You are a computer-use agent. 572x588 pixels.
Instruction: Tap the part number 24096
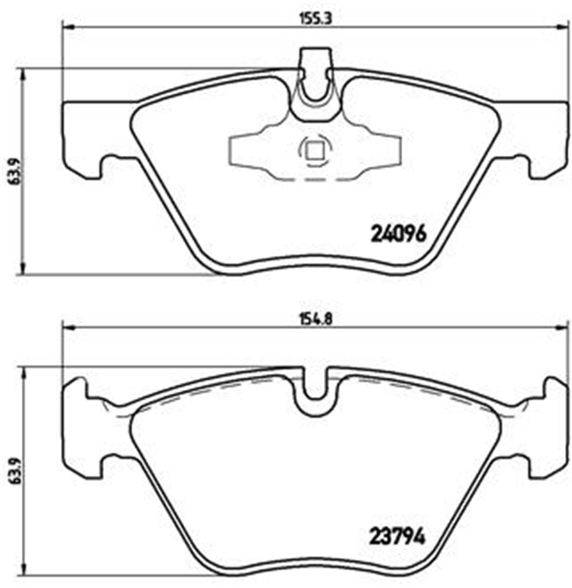[398, 234]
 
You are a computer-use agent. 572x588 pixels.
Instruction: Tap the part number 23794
[398, 537]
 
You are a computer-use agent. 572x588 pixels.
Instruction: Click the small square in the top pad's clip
[314, 152]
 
